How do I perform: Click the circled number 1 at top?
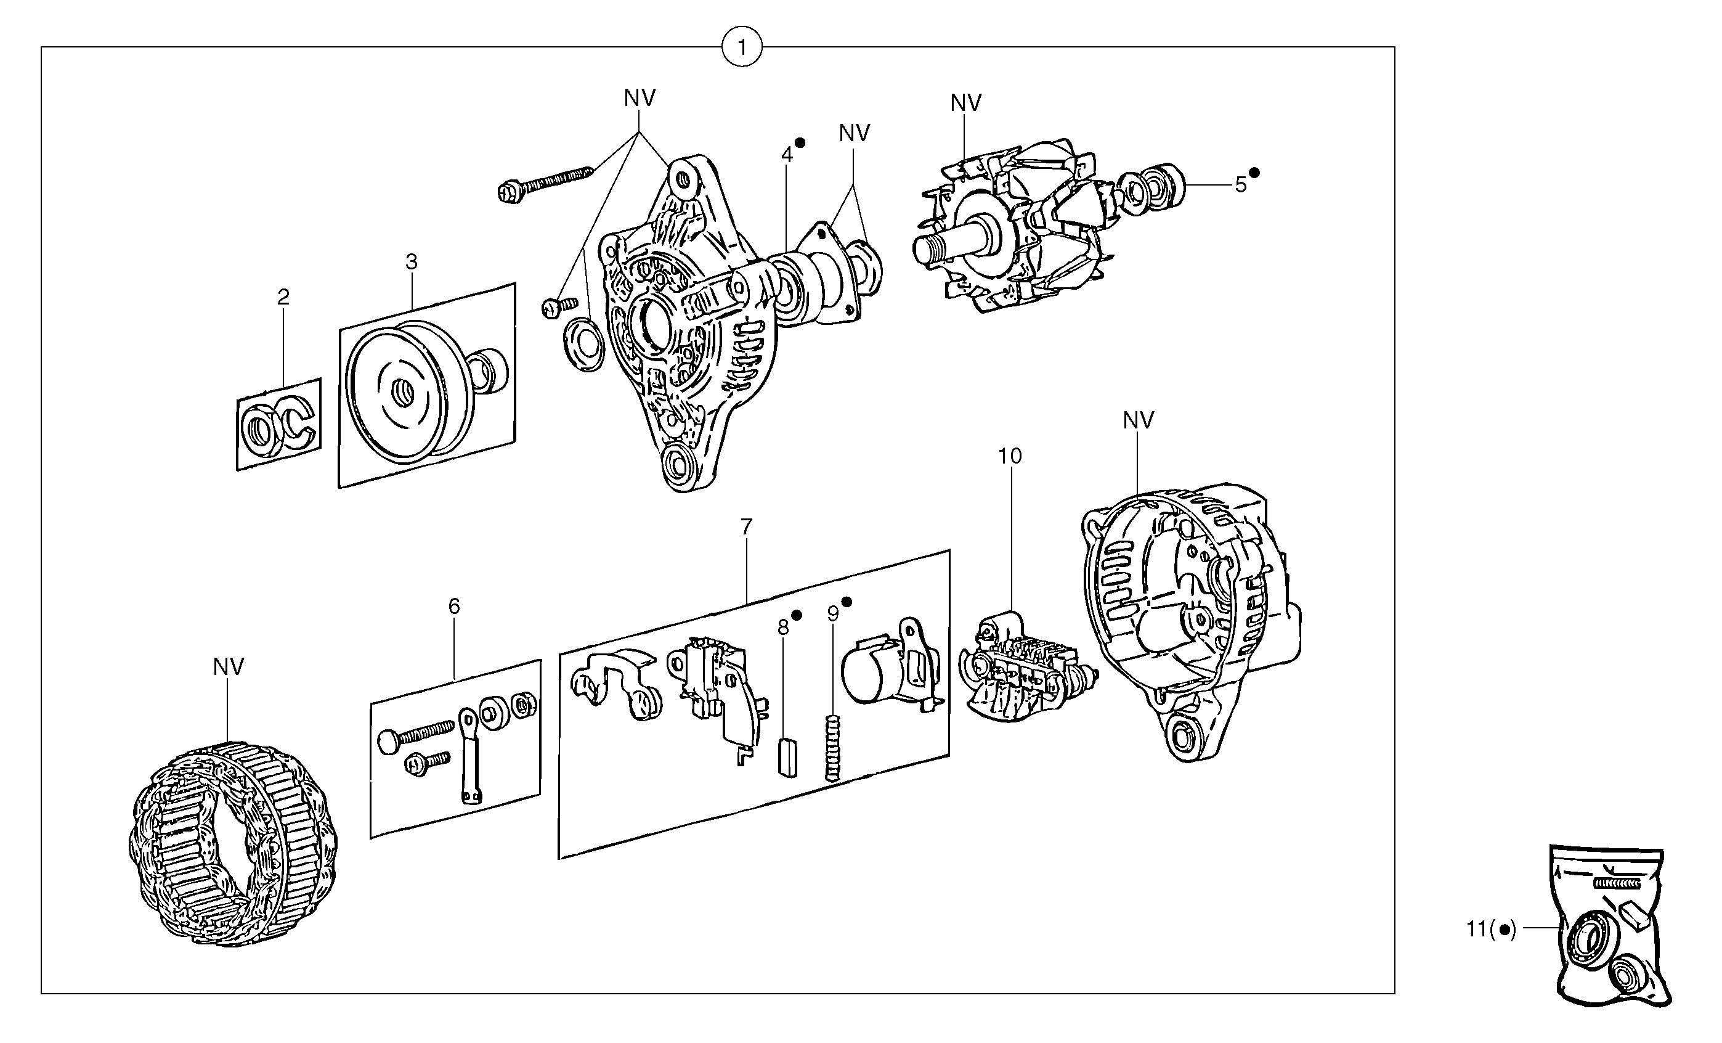pyautogui.click(x=742, y=47)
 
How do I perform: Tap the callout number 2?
pyautogui.click(x=283, y=298)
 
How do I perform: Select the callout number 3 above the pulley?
pyautogui.click(x=412, y=262)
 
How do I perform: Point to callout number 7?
pyautogui.click(x=746, y=527)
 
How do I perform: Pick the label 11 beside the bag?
pyautogui.click(x=1477, y=930)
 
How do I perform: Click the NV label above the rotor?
pyautogui.click(x=966, y=104)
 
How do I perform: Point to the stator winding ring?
pyautogui.click(x=234, y=846)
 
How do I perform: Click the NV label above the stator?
pyautogui.click(x=229, y=668)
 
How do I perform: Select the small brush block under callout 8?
pyautogui.click(x=786, y=758)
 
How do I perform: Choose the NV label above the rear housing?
pyautogui.click(x=1139, y=421)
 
